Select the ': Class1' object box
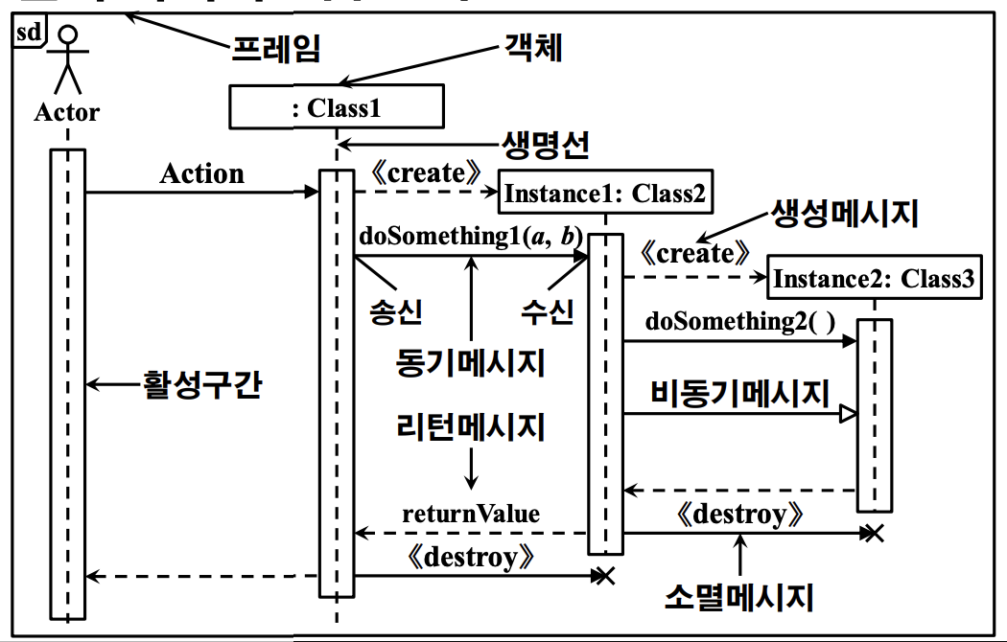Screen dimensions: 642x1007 (x=337, y=106)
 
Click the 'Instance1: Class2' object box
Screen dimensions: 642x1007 (x=605, y=194)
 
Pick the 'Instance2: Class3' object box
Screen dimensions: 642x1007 (x=874, y=279)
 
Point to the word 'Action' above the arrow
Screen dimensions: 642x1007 (x=201, y=173)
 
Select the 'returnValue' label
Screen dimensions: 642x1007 (x=471, y=514)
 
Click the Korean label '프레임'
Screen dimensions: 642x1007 (x=275, y=47)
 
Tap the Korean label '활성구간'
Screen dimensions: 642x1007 (x=201, y=384)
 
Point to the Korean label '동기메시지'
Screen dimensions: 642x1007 (x=471, y=362)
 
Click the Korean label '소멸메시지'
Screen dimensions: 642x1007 (x=739, y=597)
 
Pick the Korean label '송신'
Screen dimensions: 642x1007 (x=396, y=311)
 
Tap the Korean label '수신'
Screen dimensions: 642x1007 (x=548, y=311)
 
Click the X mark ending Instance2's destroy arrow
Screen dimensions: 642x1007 (x=873, y=533)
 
